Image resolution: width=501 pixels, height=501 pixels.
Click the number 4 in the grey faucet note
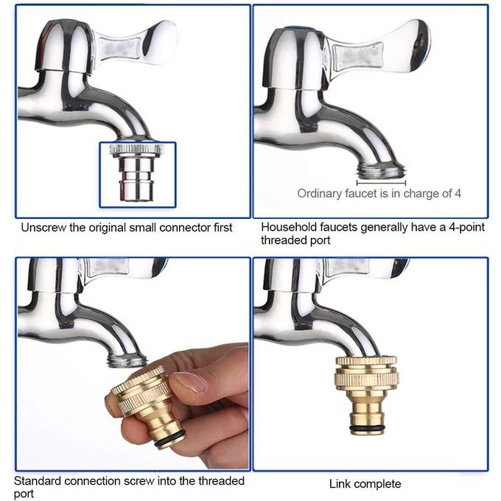point(458,193)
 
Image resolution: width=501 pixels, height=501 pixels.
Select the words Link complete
point(365,484)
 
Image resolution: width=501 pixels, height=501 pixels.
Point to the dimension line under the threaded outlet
point(381,183)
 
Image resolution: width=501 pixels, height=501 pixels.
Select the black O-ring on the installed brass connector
point(366,428)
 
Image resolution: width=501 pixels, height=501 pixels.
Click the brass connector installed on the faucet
point(366,395)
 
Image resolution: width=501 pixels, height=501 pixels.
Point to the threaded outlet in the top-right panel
point(381,170)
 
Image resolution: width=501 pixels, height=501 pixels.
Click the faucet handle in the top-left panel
point(134,43)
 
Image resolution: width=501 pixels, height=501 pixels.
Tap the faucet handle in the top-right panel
point(377,49)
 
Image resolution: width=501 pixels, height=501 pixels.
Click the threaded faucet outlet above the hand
point(127,360)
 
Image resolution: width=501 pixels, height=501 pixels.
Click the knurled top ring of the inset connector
point(136,149)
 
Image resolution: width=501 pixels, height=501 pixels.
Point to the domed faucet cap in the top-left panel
point(64,46)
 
